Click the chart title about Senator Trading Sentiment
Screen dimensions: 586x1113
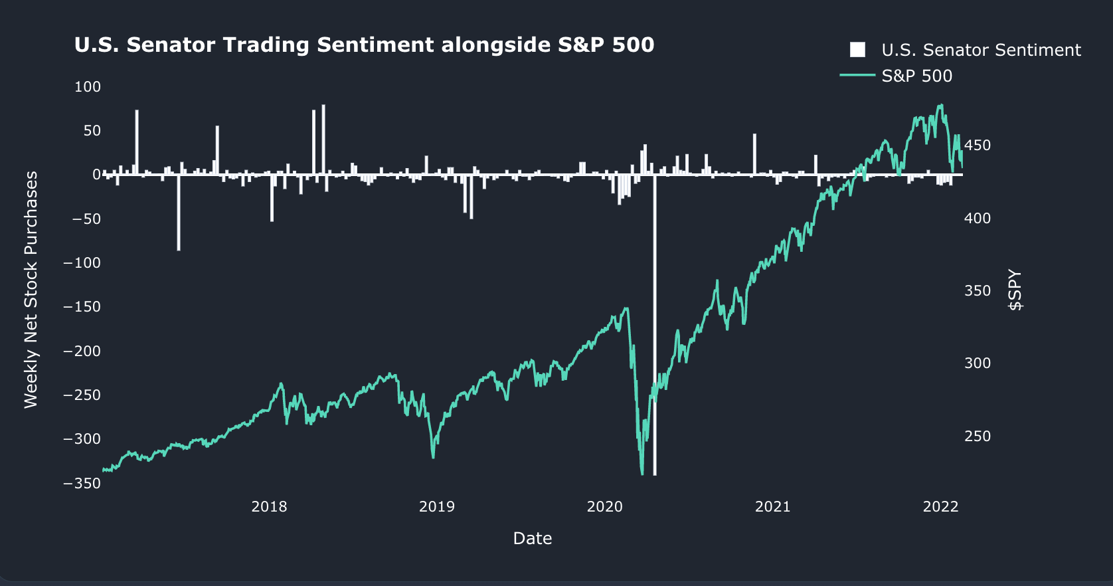pos(364,45)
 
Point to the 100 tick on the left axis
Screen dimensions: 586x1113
pos(88,87)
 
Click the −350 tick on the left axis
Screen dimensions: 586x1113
pos(82,483)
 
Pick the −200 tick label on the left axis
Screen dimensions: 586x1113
pos(82,351)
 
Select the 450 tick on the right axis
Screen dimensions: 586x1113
pos(977,146)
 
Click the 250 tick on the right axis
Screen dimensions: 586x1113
pos(977,437)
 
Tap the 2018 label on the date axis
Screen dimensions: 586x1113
pos(269,507)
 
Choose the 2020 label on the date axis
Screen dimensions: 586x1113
pos(605,507)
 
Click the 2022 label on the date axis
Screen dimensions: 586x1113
pos(940,507)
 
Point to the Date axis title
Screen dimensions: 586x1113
pos(533,538)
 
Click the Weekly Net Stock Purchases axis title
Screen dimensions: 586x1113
pos(31,290)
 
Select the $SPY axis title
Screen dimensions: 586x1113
pos(1015,290)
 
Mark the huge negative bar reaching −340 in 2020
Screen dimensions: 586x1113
pos(655,326)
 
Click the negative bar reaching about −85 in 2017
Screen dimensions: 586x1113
pos(179,213)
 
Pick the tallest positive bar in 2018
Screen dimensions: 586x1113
pos(323,140)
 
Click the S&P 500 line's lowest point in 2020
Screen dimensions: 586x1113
pos(642,473)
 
